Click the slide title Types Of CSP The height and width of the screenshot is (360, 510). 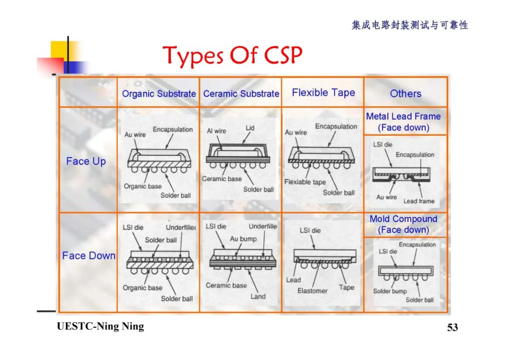pos(232,56)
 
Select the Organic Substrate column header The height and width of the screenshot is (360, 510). pos(159,93)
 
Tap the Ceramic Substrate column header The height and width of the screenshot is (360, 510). pos(241,93)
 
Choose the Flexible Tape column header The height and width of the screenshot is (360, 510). pos(323,92)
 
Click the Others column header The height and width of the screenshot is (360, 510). pos(405,93)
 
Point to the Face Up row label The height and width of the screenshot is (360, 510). pos(86,161)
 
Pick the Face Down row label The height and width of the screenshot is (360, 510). pos(89,256)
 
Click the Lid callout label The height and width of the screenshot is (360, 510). pos(250,128)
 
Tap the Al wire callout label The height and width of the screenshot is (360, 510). pos(216,131)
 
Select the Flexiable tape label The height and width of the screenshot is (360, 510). pos(305,182)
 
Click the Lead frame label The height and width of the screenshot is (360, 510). pos(418,201)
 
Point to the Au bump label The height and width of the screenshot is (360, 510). pos(243,239)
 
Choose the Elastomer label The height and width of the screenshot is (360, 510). pos(312,291)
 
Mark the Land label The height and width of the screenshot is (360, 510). pos(258,296)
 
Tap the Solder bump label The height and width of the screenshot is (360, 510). pos(390,291)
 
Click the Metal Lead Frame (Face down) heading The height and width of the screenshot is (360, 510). pos(403,122)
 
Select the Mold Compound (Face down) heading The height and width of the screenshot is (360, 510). pos(403,224)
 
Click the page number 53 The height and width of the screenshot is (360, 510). pos(452,327)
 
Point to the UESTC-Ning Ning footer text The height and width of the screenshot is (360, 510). pos(100,327)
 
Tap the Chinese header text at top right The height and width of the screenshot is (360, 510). pos(409,25)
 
